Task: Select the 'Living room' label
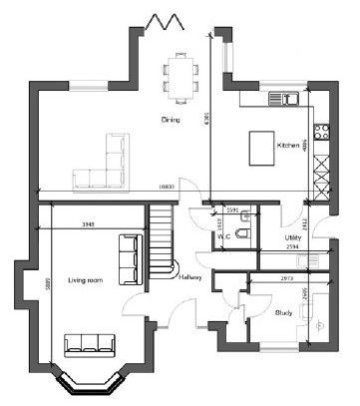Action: click(85, 281)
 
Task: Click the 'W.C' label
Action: click(224, 237)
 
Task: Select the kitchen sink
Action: click(289, 98)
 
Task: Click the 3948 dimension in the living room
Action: click(89, 224)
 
